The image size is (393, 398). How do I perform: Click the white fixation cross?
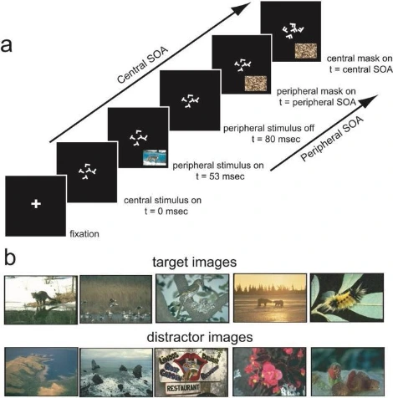pos(36,204)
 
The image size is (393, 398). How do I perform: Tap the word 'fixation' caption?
pos(84,233)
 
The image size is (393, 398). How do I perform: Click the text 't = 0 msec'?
pos(166,211)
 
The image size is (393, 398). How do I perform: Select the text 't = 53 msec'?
pos(220,176)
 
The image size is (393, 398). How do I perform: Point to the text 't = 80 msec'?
pos(276,139)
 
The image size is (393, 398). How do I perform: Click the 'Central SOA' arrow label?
pos(143,65)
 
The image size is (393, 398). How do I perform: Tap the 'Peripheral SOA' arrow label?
pos(332,139)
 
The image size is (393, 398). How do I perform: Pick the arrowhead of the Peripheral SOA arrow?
pos(370,100)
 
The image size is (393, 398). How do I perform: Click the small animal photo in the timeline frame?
pos(155,158)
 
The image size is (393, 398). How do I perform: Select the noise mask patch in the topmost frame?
pos(306,51)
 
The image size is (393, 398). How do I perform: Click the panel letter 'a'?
pos(6,46)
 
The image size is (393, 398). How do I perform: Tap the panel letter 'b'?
pos(10,258)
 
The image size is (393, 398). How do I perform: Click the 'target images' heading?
pos(195,262)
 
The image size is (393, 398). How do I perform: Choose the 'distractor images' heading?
pos(200,337)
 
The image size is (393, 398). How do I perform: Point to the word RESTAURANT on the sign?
pos(183,387)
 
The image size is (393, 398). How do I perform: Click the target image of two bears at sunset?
pos(270,298)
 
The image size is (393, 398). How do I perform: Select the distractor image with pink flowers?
pos(269,372)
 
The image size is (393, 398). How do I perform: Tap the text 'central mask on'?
pos(360,59)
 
